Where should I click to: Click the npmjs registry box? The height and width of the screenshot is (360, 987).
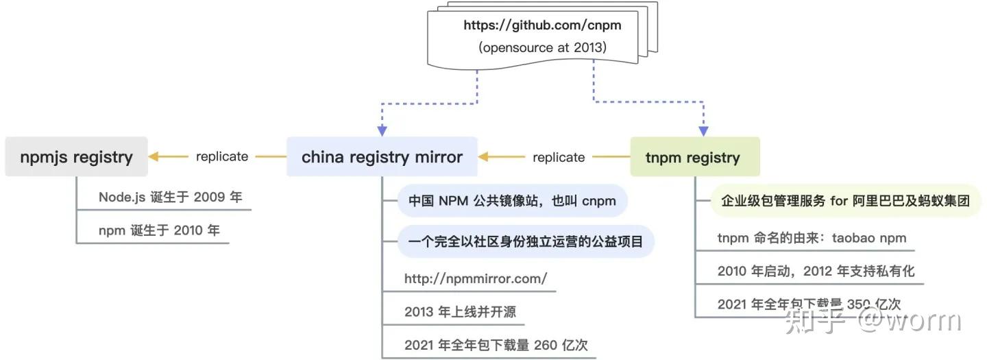[x=76, y=157]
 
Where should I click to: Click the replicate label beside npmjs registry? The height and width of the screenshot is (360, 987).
[x=222, y=156]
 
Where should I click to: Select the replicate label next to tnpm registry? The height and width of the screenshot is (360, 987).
[x=559, y=157]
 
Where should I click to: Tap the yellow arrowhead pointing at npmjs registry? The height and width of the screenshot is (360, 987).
[x=154, y=156]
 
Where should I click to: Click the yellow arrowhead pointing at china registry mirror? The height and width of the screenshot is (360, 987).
[x=483, y=157]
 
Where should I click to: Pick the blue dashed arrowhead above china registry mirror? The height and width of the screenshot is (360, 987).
[x=382, y=131]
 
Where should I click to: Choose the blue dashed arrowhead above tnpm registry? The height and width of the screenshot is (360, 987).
[x=703, y=131]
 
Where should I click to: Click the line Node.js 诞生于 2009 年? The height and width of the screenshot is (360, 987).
[x=170, y=197]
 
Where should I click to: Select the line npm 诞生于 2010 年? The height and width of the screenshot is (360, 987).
[x=159, y=230]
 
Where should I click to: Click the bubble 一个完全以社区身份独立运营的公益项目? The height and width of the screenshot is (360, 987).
[x=526, y=241]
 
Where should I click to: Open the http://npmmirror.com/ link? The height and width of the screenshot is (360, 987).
[x=476, y=278]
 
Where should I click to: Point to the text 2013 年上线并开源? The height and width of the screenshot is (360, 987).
[x=460, y=312]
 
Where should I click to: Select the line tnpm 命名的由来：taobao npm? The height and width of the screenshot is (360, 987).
[x=812, y=238]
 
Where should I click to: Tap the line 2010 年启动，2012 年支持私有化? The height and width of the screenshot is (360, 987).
[x=816, y=271]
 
